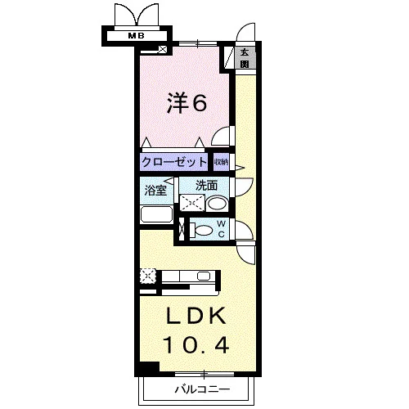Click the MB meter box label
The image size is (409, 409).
pyautogui.click(x=137, y=35)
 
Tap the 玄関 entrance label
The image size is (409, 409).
pyautogui.click(x=245, y=58)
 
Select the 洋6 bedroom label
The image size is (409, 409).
pyautogui.click(x=187, y=103)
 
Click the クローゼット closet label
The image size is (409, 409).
pyautogui.click(x=174, y=162)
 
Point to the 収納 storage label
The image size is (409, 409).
pyautogui.click(x=222, y=162)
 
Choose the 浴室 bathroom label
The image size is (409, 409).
pyautogui.click(x=155, y=190)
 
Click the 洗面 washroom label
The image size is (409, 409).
pyautogui.click(x=206, y=186)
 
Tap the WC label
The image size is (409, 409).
pyautogui.click(x=222, y=229)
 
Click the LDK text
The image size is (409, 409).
pyautogui.click(x=196, y=316)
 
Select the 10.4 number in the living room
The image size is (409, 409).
pyautogui.click(x=196, y=344)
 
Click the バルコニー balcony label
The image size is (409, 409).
pyautogui.click(x=202, y=389)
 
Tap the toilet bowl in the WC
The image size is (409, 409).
pyautogui.click(x=201, y=230)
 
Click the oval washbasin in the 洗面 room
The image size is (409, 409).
pyautogui.click(x=217, y=204)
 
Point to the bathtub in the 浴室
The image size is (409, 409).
pyautogui.click(x=157, y=214)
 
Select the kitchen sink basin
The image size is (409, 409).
pyautogui.click(x=204, y=276)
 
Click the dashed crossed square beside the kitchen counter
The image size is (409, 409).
pyautogui.click(x=148, y=276)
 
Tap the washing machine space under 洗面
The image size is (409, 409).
pyautogui.click(x=192, y=203)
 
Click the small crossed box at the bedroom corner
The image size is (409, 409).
pyautogui.click(x=163, y=49)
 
